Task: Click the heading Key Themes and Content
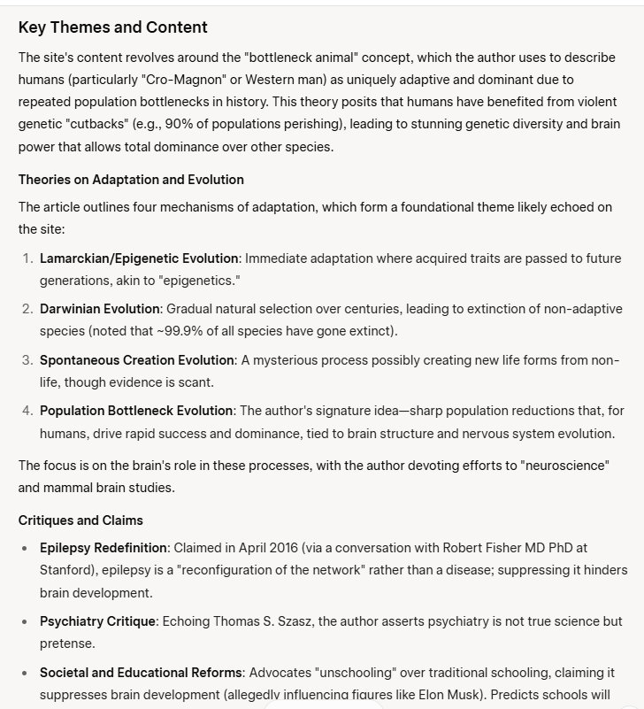tap(112, 27)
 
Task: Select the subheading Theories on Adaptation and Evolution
tap(131, 180)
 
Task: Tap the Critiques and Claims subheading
tap(80, 520)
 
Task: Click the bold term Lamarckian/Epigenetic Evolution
tap(139, 258)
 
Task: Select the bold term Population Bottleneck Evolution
tap(136, 411)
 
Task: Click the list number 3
tap(27, 360)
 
